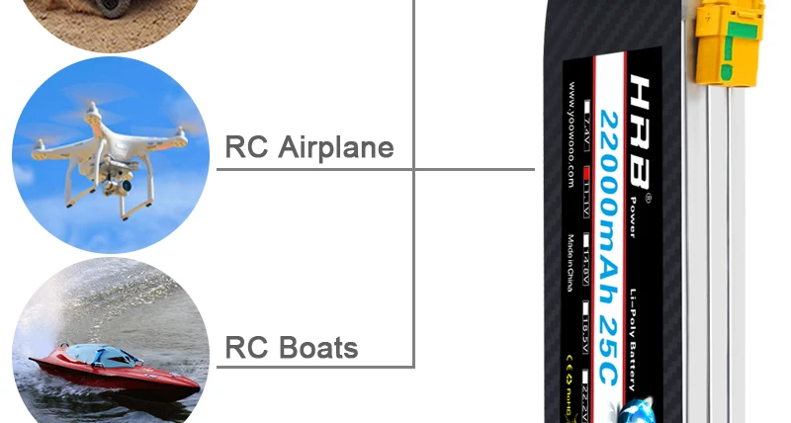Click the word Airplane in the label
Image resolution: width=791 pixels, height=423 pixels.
(336, 148)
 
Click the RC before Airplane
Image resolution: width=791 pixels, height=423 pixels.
(247, 148)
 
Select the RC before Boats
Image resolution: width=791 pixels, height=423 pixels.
(247, 348)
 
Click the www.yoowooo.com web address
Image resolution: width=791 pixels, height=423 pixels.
(571, 138)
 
